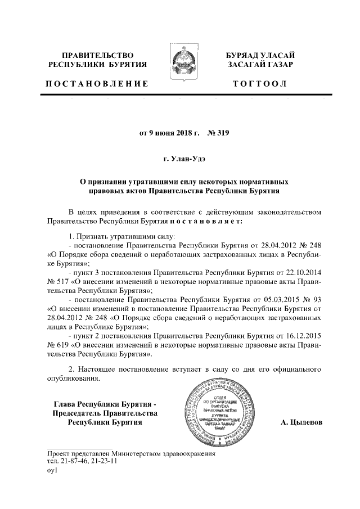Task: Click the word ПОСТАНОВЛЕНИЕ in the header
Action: click(x=97, y=84)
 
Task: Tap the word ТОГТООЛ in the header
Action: click(x=260, y=84)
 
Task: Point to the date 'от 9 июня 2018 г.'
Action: click(x=169, y=133)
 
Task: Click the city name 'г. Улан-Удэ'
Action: click(x=180, y=159)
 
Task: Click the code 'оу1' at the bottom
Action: click(x=52, y=470)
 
